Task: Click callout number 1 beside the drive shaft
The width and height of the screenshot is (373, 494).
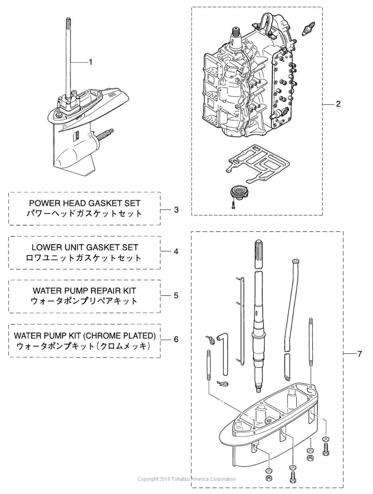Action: pyautogui.click(x=91, y=62)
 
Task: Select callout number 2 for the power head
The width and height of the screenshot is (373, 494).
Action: pyautogui.click(x=338, y=104)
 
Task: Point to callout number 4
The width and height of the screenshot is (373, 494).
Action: pyautogui.click(x=176, y=251)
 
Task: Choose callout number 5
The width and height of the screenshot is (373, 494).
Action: pyautogui.click(x=176, y=295)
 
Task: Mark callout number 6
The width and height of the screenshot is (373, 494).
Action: pyautogui.click(x=176, y=339)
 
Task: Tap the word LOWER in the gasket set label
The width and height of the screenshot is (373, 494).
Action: pyautogui.click(x=45, y=247)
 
